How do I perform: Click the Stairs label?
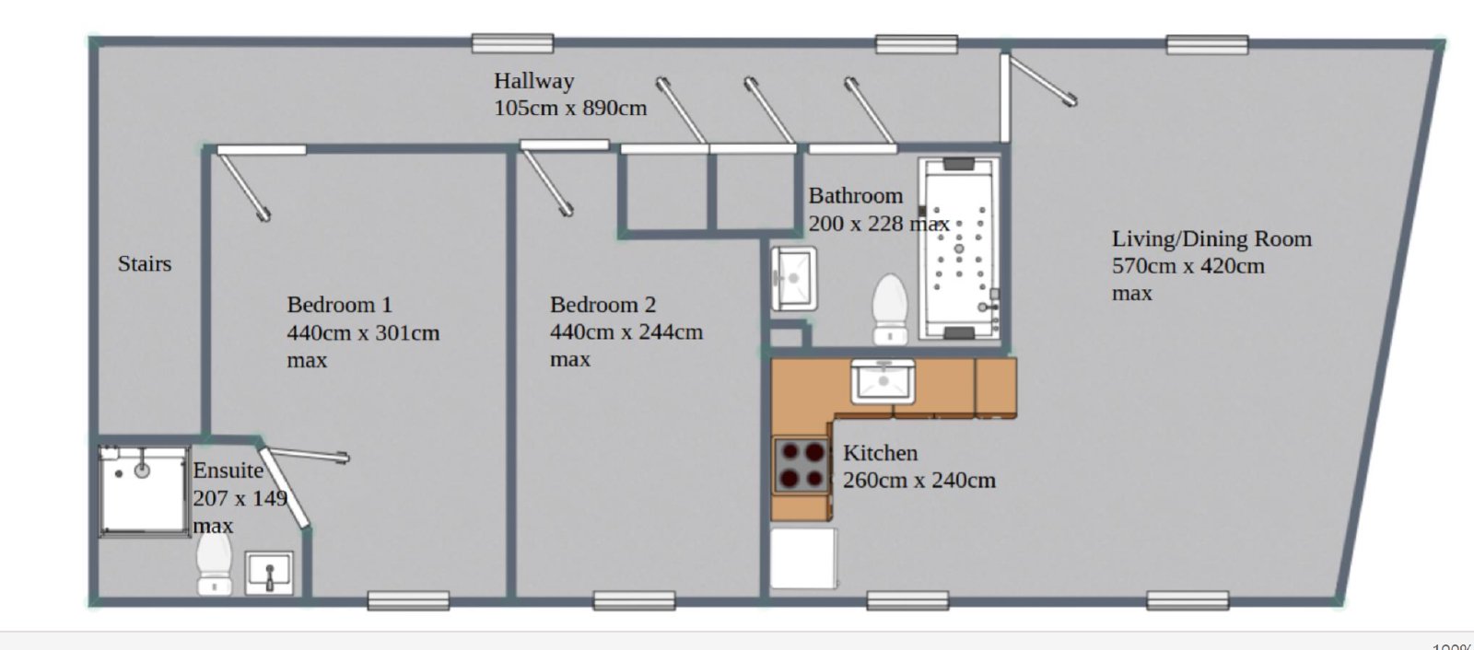click(x=144, y=264)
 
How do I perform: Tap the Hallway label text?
click(x=533, y=81)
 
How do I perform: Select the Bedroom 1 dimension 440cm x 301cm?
click(x=363, y=333)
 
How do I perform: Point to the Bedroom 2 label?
click(x=602, y=305)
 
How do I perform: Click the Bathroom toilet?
click(x=890, y=309)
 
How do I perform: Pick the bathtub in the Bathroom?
click(x=959, y=249)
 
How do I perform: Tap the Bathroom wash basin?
click(x=793, y=278)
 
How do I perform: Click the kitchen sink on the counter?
click(x=883, y=381)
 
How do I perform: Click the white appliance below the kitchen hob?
click(x=803, y=558)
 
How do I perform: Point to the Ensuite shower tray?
click(x=143, y=491)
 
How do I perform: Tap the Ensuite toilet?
click(x=215, y=563)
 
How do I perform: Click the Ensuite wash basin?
click(x=269, y=573)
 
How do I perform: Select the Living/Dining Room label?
click(x=1211, y=238)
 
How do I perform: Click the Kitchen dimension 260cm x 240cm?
click(x=919, y=481)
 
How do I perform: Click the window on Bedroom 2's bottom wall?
click(x=634, y=600)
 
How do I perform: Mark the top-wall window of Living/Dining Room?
click(x=1207, y=45)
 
